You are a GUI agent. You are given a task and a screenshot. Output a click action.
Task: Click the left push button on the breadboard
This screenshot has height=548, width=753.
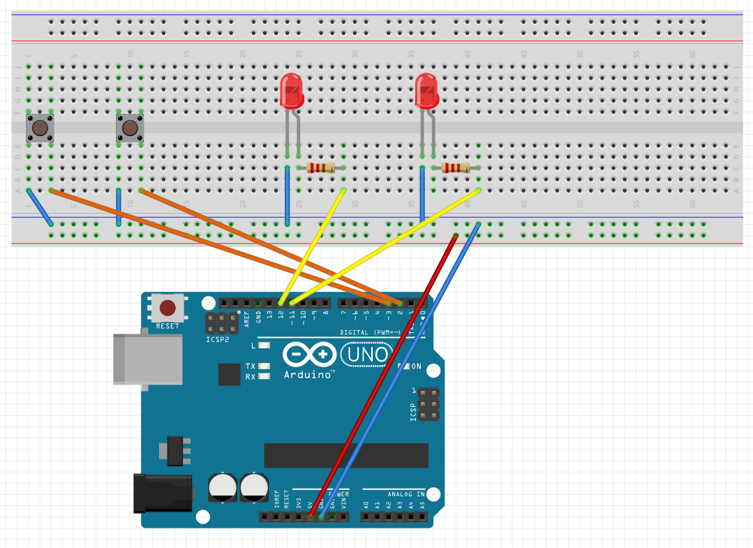pos(40,128)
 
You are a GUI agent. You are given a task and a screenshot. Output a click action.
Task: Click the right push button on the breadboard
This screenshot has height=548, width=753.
pos(129,128)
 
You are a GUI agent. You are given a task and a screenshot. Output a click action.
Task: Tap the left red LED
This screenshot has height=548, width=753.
pos(292,91)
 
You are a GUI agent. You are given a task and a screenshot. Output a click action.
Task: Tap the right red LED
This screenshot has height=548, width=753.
pos(427,91)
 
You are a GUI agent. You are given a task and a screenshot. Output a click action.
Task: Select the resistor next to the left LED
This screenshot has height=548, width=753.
pos(321,168)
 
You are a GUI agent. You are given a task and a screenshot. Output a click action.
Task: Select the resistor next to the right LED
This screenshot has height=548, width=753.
pos(456,168)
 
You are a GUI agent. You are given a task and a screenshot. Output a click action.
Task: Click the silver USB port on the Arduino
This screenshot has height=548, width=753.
pos(147,359)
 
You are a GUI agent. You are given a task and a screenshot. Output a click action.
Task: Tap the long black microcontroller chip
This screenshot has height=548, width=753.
pos(345,455)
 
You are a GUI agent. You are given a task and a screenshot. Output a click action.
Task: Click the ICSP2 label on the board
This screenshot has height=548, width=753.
pos(218,341)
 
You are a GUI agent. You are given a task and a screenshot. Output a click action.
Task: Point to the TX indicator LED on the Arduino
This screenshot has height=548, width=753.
pos(264,366)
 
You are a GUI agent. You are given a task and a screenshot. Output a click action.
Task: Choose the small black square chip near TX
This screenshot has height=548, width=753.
pos(229,374)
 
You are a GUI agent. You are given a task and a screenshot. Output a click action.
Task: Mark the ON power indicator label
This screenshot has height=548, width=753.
pos(416,366)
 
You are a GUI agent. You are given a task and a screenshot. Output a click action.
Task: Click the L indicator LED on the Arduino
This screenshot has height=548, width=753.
pos(264,346)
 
